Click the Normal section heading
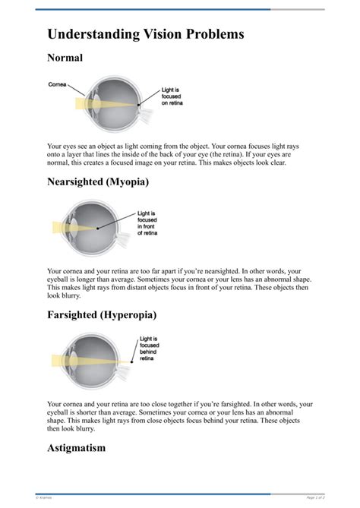coord(65,58)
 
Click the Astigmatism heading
coord(76,448)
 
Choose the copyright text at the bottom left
coord(44,497)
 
